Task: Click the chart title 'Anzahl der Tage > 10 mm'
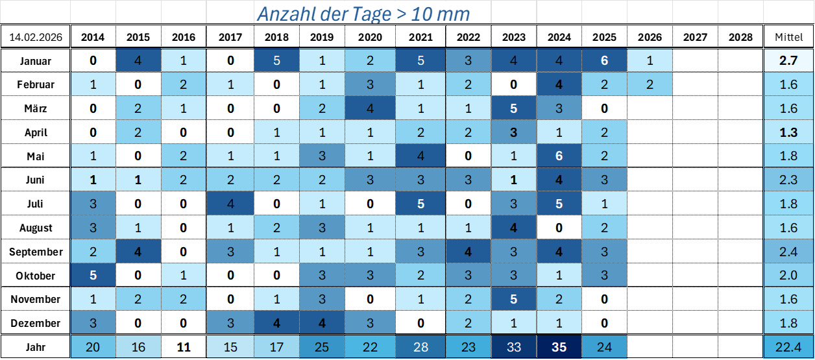pyautogui.click(x=363, y=14)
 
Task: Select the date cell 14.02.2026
pyautogui.click(x=36, y=37)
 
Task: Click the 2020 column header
pyautogui.click(x=371, y=37)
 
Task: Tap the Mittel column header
pyautogui.click(x=788, y=37)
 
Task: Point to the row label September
pyautogui.click(x=36, y=252)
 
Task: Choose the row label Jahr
pyautogui.click(x=36, y=347)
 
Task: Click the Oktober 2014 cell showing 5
pyautogui.click(x=93, y=276)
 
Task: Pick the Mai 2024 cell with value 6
pyautogui.click(x=559, y=156)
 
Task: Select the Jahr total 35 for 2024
pyautogui.click(x=559, y=347)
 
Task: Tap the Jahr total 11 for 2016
pyautogui.click(x=184, y=347)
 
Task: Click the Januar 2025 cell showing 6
pyautogui.click(x=605, y=61)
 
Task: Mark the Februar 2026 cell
pyautogui.click(x=650, y=84)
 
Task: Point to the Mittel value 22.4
pyautogui.click(x=788, y=347)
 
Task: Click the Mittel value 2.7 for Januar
pyautogui.click(x=788, y=61)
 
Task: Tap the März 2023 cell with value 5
pyautogui.click(x=514, y=108)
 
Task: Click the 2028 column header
pyautogui.click(x=740, y=37)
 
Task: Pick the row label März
pyautogui.click(x=36, y=108)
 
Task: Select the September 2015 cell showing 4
pyautogui.click(x=138, y=252)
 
